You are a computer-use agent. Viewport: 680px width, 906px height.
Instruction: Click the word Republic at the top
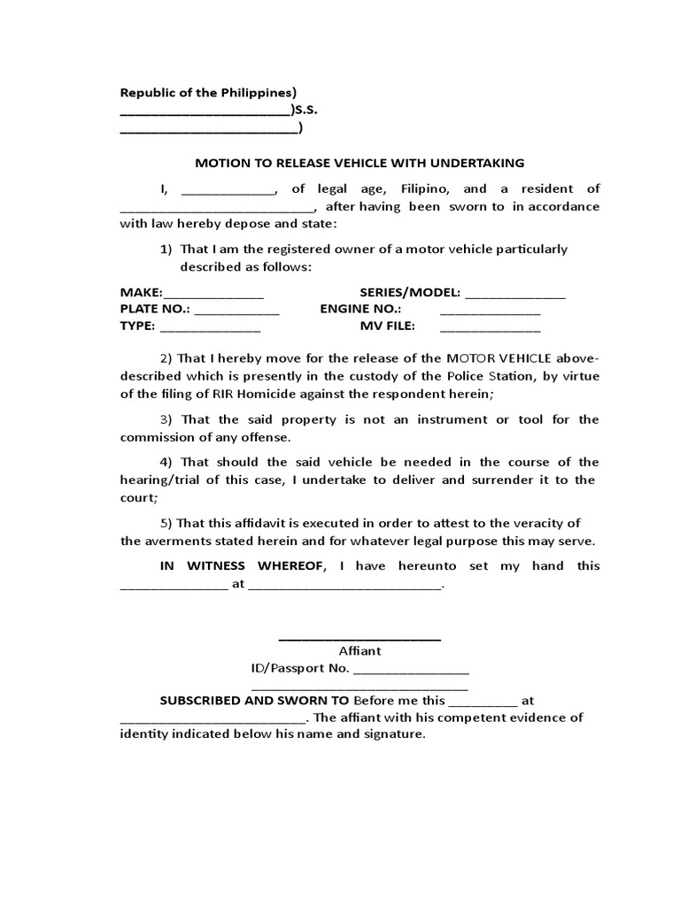[x=146, y=94]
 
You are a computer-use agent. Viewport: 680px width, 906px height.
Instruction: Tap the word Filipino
[x=425, y=188]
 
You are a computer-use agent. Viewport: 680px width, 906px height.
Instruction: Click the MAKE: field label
[x=141, y=293]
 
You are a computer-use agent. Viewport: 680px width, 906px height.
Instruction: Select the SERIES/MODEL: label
[x=410, y=293]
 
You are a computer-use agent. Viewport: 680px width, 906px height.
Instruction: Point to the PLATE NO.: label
[x=154, y=309]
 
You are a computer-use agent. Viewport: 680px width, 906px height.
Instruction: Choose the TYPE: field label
[x=137, y=326]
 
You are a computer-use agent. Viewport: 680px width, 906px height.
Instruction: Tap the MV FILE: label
[x=387, y=326]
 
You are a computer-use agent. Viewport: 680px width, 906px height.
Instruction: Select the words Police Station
[x=486, y=376]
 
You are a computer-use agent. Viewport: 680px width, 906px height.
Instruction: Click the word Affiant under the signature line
[x=359, y=650]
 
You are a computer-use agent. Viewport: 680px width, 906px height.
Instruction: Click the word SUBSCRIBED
[x=200, y=700]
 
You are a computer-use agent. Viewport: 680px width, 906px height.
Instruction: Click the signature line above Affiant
[x=359, y=638]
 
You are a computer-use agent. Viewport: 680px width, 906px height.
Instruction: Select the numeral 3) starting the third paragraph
[x=168, y=419]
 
